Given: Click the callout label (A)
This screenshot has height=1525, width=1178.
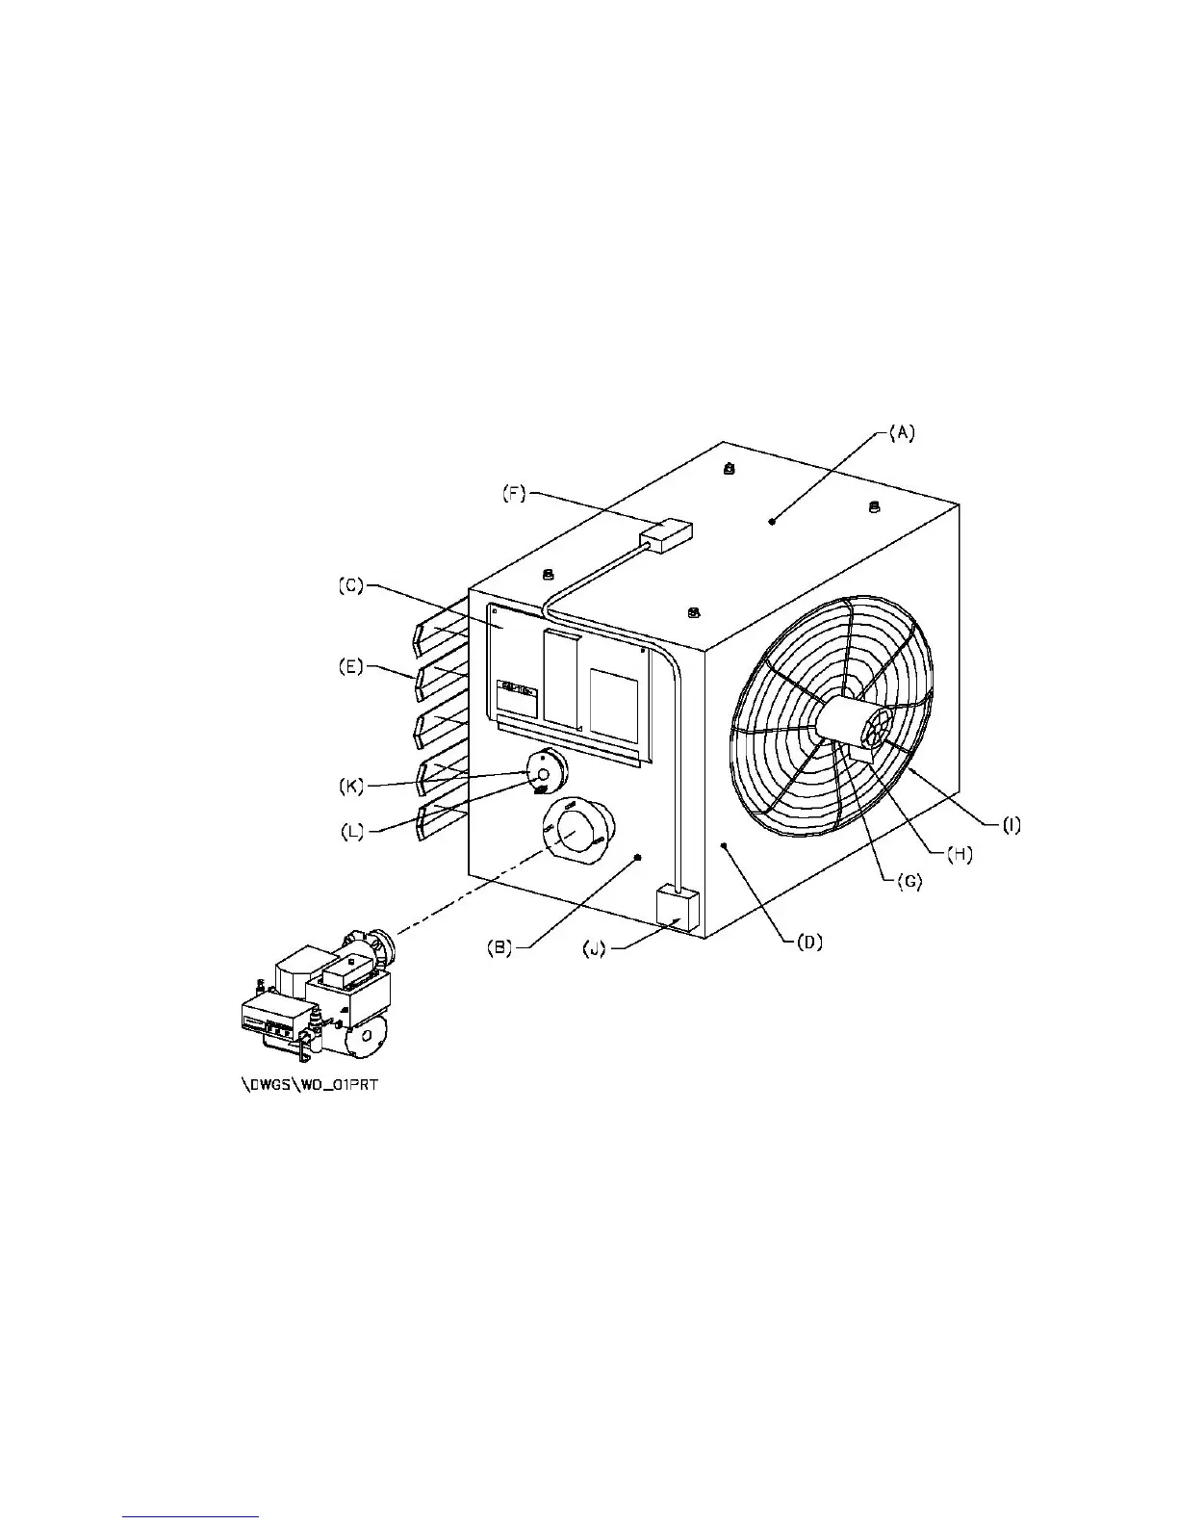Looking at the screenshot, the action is [x=900, y=433].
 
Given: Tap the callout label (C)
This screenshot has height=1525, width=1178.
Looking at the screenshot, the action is [x=350, y=585].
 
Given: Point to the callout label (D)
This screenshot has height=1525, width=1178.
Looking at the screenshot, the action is [x=807, y=943].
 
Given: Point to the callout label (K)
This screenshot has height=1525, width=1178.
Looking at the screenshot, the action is [x=352, y=785].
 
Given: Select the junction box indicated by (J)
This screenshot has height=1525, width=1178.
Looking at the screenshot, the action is [x=676, y=908].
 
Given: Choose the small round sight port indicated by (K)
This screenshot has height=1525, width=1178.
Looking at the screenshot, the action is [x=545, y=772].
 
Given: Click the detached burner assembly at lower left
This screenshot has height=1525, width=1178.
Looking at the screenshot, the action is [x=318, y=1001].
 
